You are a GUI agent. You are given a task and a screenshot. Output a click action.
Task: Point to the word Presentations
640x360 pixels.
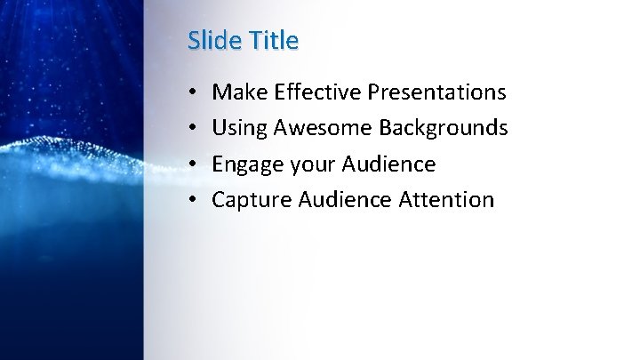pos(436,92)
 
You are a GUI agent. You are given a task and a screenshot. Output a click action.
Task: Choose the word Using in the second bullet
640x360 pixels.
pos(239,128)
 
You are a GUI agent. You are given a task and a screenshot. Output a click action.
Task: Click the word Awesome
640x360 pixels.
pos(323,128)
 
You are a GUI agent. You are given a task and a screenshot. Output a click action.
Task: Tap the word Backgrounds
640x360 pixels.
pos(443,128)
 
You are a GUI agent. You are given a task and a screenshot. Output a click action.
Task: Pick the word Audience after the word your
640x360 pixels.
pos(388,164)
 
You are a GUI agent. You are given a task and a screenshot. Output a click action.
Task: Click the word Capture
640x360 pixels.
pos(251,200)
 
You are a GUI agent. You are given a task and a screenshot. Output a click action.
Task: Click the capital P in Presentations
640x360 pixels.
pos(373,92)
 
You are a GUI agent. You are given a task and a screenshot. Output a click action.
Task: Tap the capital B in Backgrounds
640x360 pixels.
pos(385,128)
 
